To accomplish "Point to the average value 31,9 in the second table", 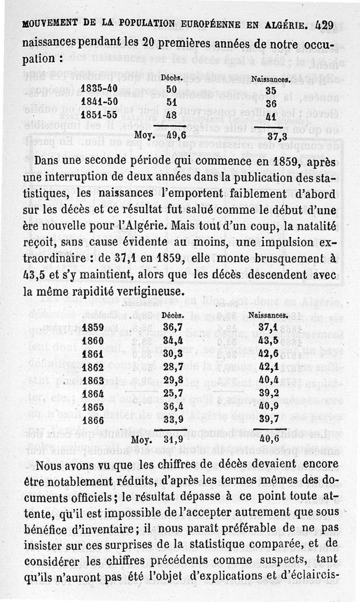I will [x=172, y=439].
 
